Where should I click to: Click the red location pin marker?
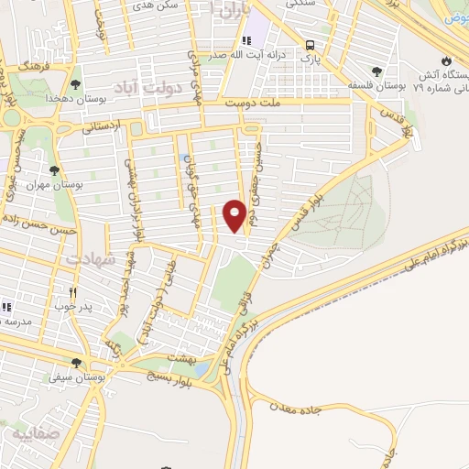pyautogui.click(x=234, y=215)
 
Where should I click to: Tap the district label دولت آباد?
pyautogui.click(x=140, y=87)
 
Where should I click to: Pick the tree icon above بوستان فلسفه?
pyautogui.click(x=376, y=71)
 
